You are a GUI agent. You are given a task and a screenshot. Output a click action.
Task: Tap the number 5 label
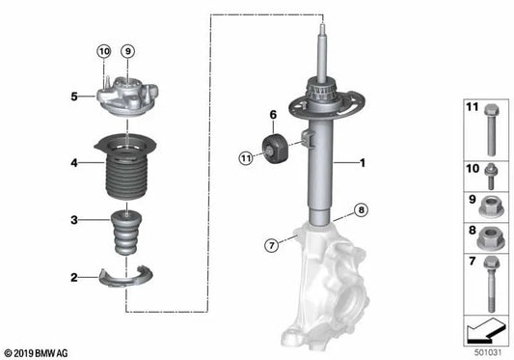pos(73,97)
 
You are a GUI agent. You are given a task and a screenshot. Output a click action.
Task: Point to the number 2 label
pos(73,278)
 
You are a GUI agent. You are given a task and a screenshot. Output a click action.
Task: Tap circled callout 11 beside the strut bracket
pos(247,156)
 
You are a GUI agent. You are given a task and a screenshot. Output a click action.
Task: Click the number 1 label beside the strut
pos(363,163)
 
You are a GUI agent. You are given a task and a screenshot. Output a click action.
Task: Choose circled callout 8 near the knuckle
pos(360,209)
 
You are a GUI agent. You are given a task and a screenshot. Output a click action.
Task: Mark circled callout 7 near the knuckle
pos(273,246)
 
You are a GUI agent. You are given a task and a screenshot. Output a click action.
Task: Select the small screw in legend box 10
pos(490,178)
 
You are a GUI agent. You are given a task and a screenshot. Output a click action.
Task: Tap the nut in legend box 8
pos(490,235)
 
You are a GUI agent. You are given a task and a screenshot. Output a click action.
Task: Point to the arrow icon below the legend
pos(485,332)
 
